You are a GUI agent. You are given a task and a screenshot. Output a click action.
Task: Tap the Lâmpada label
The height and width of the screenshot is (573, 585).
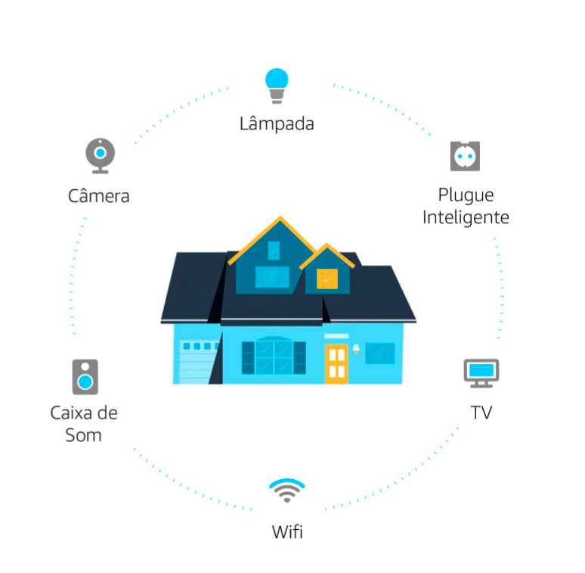pos(277,123)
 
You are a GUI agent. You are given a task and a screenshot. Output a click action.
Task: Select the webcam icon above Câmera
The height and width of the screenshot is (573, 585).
pos(100,155)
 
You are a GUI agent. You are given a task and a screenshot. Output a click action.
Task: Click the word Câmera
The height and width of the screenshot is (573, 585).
pos(99,196)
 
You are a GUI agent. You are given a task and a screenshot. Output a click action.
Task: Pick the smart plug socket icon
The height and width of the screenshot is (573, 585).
pos(465,155)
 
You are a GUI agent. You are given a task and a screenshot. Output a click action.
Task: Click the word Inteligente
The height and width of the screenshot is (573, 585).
pos(466,217)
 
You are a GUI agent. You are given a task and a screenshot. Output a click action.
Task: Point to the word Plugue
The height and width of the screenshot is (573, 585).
pos(466,195)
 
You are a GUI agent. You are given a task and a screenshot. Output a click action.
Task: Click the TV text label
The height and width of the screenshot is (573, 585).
pos(481,413)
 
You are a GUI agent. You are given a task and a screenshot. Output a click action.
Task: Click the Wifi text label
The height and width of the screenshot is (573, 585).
pos(287,531)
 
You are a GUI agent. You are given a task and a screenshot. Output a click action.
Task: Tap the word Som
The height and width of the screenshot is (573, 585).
pos(83,435)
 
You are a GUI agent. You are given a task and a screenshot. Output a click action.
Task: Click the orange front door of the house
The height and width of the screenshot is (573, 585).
pos(336,363)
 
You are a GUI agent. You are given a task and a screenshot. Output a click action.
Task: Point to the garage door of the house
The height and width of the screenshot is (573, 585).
pos(197,363)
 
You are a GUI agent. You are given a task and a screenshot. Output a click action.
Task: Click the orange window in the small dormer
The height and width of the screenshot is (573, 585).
pos(327,279)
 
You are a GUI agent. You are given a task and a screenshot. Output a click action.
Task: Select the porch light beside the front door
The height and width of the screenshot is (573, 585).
pos(356,349)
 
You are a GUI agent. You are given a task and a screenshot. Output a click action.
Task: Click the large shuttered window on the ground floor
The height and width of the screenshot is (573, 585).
pos(274,357)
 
